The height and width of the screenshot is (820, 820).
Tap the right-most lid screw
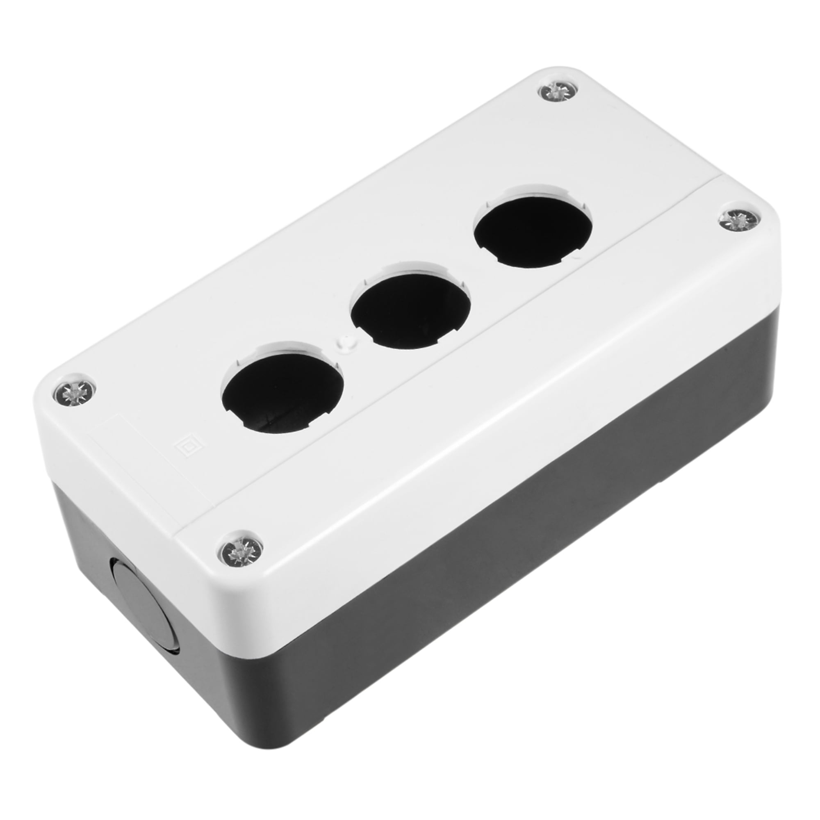pyautogui.click(x=739, y=220)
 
